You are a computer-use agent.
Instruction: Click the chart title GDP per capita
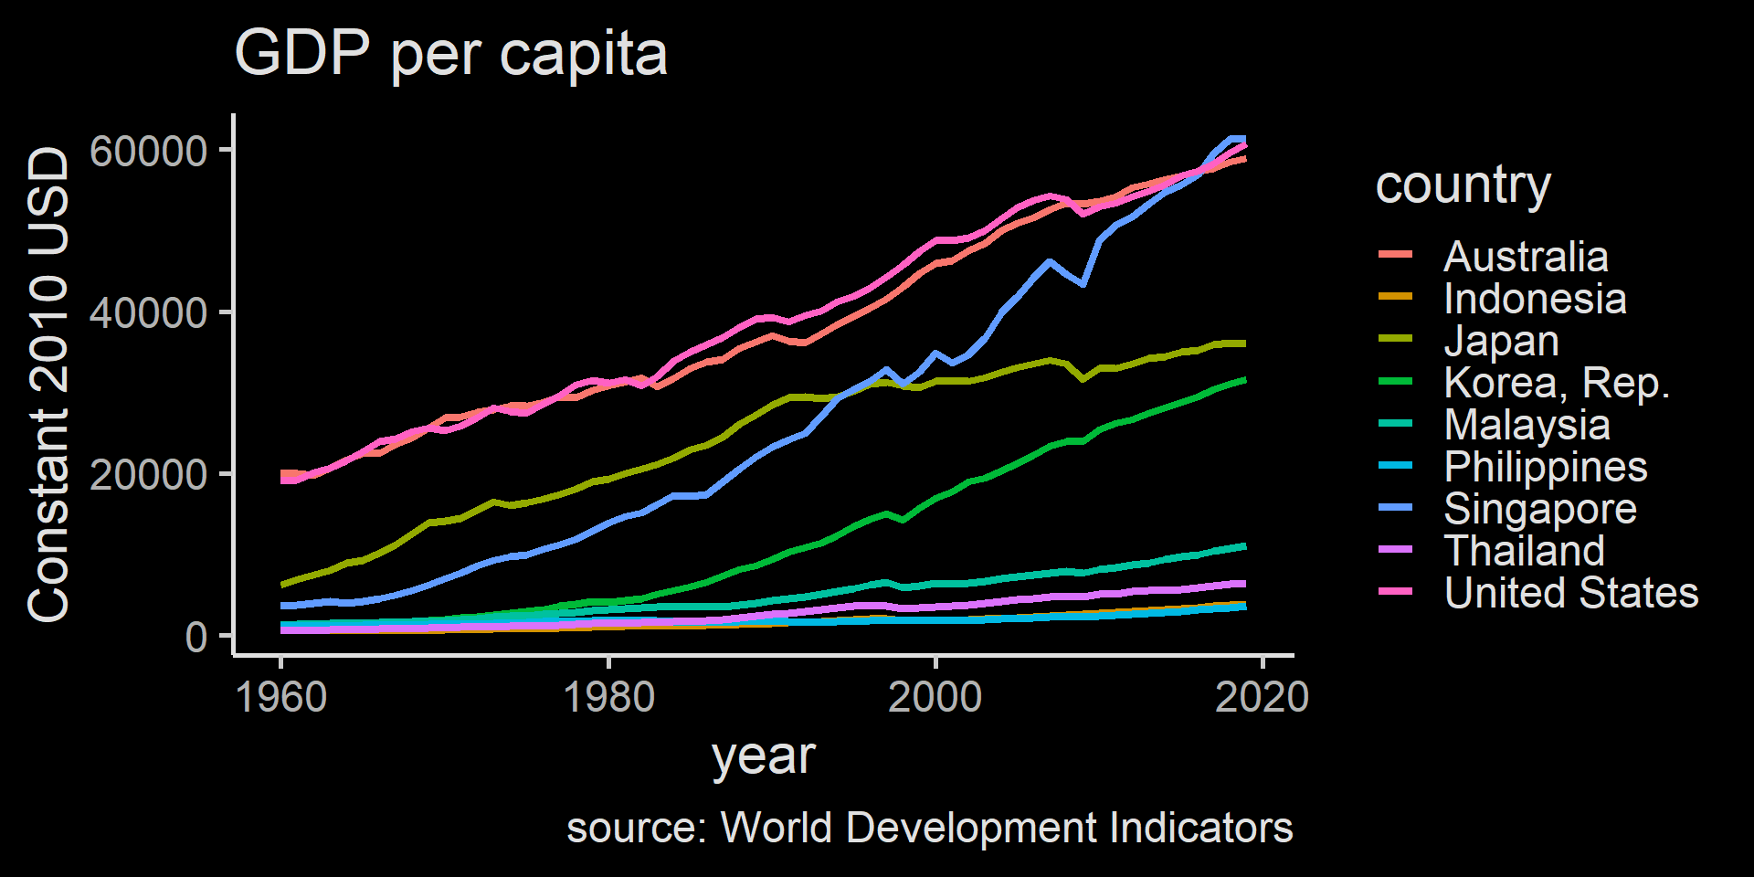450,53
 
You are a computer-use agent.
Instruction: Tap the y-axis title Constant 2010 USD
48,385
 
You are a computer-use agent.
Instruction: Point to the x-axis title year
763,756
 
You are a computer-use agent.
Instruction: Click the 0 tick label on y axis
195,637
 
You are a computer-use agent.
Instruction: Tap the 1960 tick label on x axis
281,698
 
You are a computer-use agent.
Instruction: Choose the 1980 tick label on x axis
608,698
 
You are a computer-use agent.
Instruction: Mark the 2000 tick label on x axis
935,698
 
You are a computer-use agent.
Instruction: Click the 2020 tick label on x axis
1262,698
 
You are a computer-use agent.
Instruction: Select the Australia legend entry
1526,257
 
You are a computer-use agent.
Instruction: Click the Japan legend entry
1501,341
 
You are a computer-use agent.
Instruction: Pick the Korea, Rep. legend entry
1557,383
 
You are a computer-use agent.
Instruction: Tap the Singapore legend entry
1539,509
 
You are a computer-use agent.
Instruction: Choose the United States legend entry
1570,593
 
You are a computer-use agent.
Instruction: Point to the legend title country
1463,185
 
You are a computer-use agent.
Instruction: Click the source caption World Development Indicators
929,828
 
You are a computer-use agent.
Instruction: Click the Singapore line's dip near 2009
1083,284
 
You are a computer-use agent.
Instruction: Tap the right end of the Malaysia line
1243,546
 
